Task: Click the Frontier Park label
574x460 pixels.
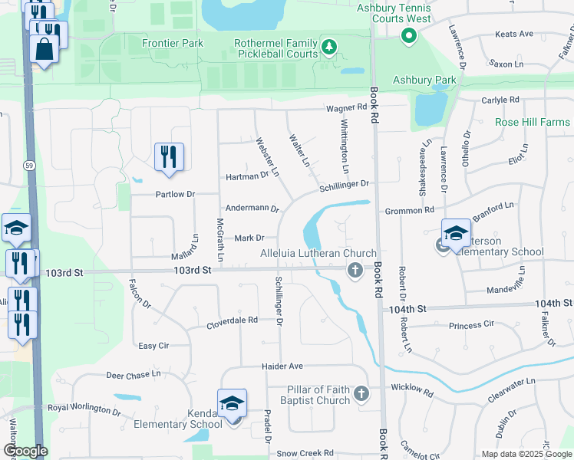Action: click(x=173, y=43)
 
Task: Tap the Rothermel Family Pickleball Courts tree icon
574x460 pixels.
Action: click(x=329, y=48)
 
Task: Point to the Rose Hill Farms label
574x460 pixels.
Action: click(x=532, y=122)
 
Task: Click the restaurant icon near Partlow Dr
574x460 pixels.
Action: click(x=167, y=156)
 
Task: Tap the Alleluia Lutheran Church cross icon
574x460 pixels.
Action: click(x=355, y=269)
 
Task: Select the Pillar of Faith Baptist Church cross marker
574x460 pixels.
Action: click(x=361, y=395)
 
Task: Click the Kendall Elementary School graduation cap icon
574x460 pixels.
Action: click(x=232, y=404)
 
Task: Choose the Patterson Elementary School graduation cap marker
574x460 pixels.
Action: click(x=456, y=232)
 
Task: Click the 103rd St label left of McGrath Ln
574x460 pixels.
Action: click(x=192, y=271)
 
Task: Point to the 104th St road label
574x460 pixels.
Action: click(x=407, y=308)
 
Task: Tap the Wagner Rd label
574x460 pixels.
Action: click(x=346, y=109)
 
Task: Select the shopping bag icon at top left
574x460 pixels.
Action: click(x=45, y=49)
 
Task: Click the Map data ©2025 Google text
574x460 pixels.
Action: click(x=526, y=454)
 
